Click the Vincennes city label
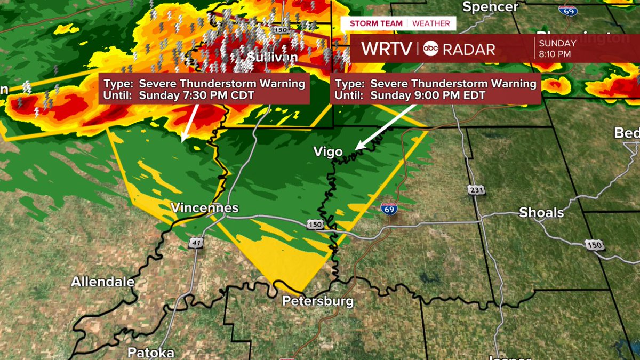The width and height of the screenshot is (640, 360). [204, 207]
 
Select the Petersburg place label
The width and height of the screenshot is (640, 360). [318, 301]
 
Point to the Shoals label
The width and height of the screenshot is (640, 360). [541, 213]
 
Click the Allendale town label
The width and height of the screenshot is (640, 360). [103, 282]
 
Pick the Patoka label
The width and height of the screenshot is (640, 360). [151, 353]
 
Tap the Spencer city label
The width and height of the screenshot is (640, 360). [490, 7]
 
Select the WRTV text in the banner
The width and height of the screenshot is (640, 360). [386, 49]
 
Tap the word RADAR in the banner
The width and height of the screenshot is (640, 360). [469, 49]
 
